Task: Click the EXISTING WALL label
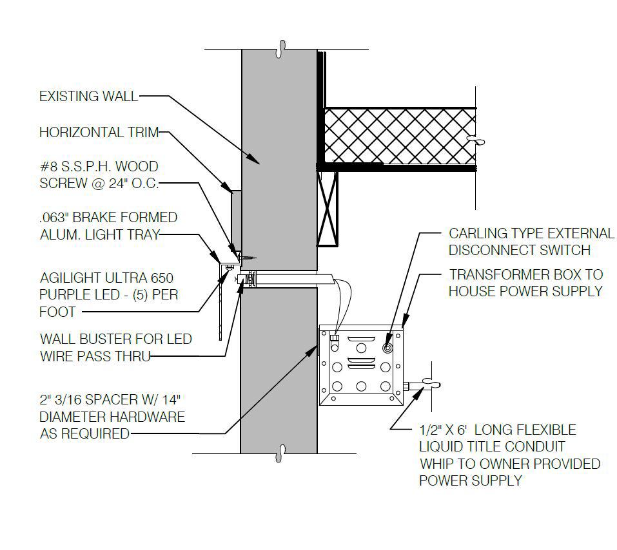88,97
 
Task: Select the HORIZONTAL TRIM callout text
99,133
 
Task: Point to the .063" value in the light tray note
54,218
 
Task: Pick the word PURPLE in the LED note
65,295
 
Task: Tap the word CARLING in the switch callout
478,233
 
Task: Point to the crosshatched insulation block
400,135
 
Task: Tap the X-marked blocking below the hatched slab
327,208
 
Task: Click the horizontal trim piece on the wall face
235,219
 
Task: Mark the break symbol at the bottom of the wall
280,453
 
